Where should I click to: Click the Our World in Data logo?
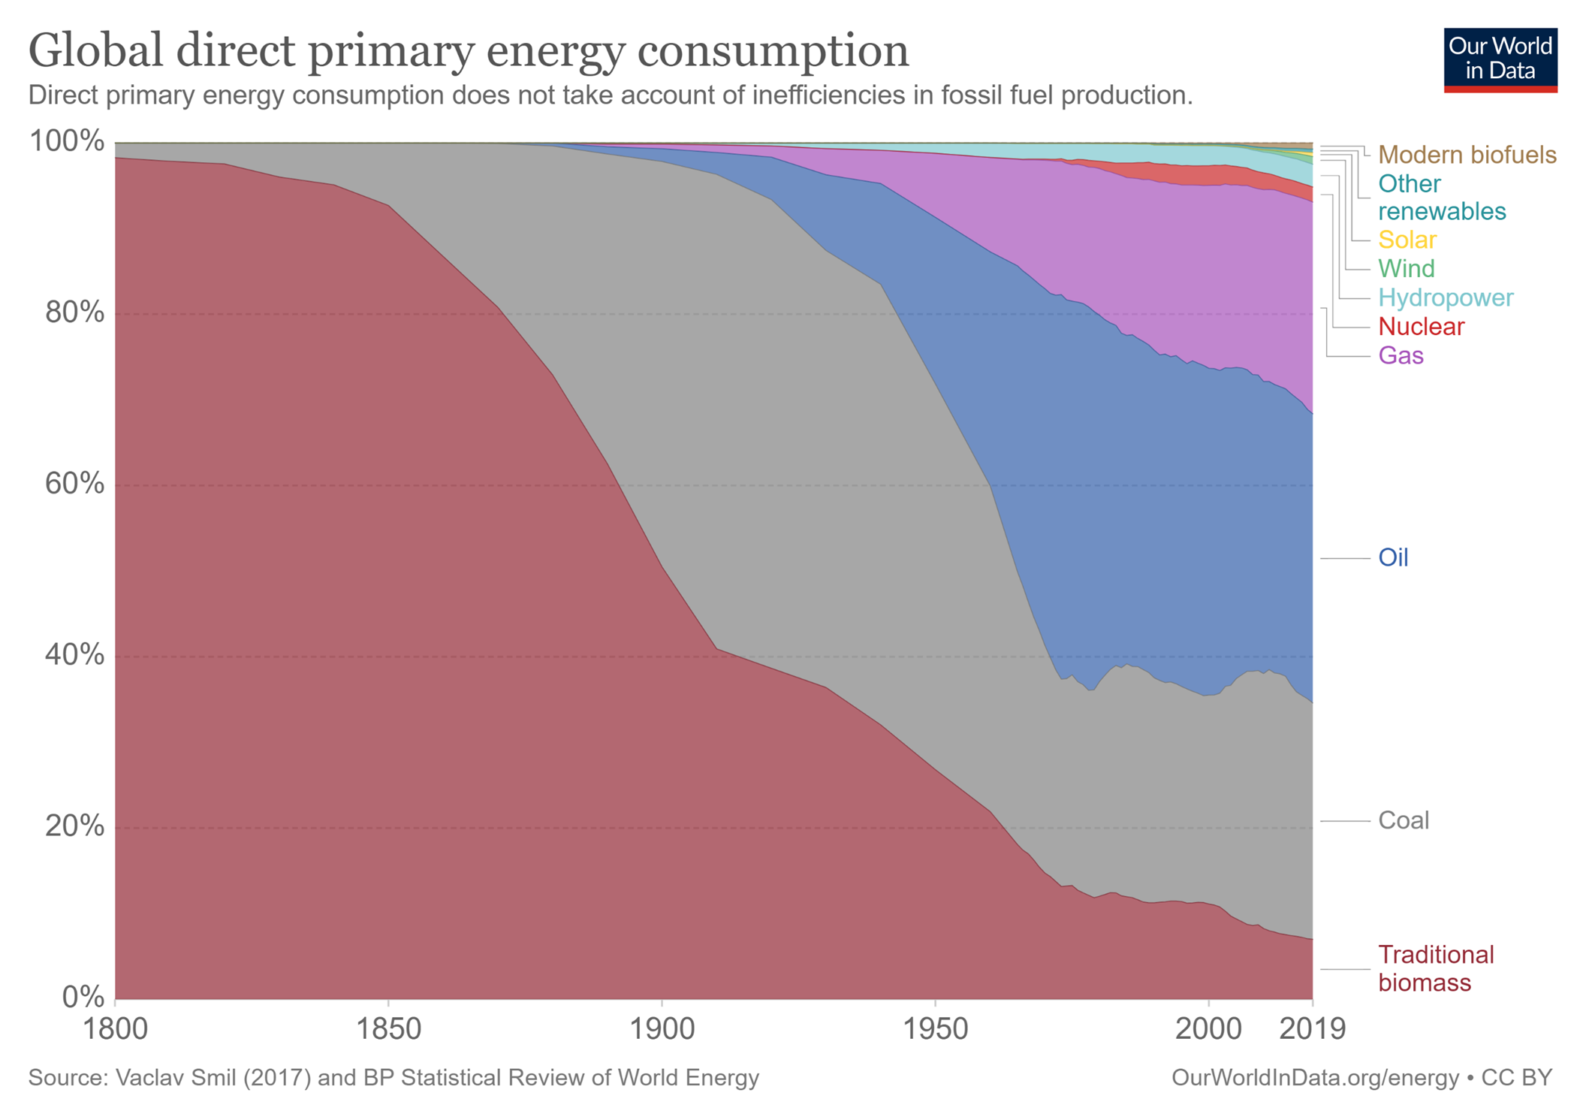coord(1500,60)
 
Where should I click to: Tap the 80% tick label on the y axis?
coord(74,312)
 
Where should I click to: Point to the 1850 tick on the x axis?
coord(388,1028)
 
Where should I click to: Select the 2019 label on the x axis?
coord(1312,1028)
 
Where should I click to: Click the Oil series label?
coord(1393,557)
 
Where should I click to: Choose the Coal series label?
coord(1403,820)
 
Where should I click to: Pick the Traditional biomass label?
coord(1435,968)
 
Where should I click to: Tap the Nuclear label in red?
coord(1421,327)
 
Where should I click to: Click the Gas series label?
coord(1401,355)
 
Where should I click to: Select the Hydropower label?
coord(1446,297)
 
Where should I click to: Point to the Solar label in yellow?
coord(1407,240)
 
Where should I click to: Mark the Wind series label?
coord(1406,268)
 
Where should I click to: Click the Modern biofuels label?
coord(1467,155)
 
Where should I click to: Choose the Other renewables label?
coord(1441,198)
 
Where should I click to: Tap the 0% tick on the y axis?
coord(83,997)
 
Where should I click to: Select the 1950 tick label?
coord(935,1028)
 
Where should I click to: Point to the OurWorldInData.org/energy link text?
coord(1314,1078)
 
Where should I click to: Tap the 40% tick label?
coord(74,655)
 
